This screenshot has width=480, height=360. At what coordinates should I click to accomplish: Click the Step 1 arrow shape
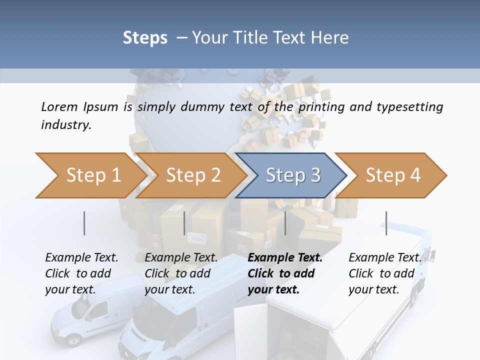pyautogui.click(x=90, y=175)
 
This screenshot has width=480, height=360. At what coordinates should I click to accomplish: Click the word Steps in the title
pyautogui.click(x=145, y=38)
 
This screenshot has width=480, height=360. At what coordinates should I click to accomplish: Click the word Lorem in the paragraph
pyautogui.click(x=59, y=106)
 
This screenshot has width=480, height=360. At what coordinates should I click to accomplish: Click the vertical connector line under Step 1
pyautogui.click(x=84, y=223)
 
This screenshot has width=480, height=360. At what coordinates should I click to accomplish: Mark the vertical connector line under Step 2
pyautogui.click(x=184, y=223)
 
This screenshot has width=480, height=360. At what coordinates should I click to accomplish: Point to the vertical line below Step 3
pyautogui.click(x=285, y=223)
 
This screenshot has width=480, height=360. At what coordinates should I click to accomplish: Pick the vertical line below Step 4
pyautogui.click(x=386, y=223)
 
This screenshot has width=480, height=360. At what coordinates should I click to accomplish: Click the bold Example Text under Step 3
pyautogui.click(x=285, y=258)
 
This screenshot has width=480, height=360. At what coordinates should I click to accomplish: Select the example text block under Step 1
pyautogui.click(x=81, y=273)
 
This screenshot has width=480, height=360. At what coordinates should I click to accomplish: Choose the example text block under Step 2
pyautogui.click(x=181, y=273)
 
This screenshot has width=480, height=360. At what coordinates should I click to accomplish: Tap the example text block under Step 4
pyautogui.click(x=384, y=273)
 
